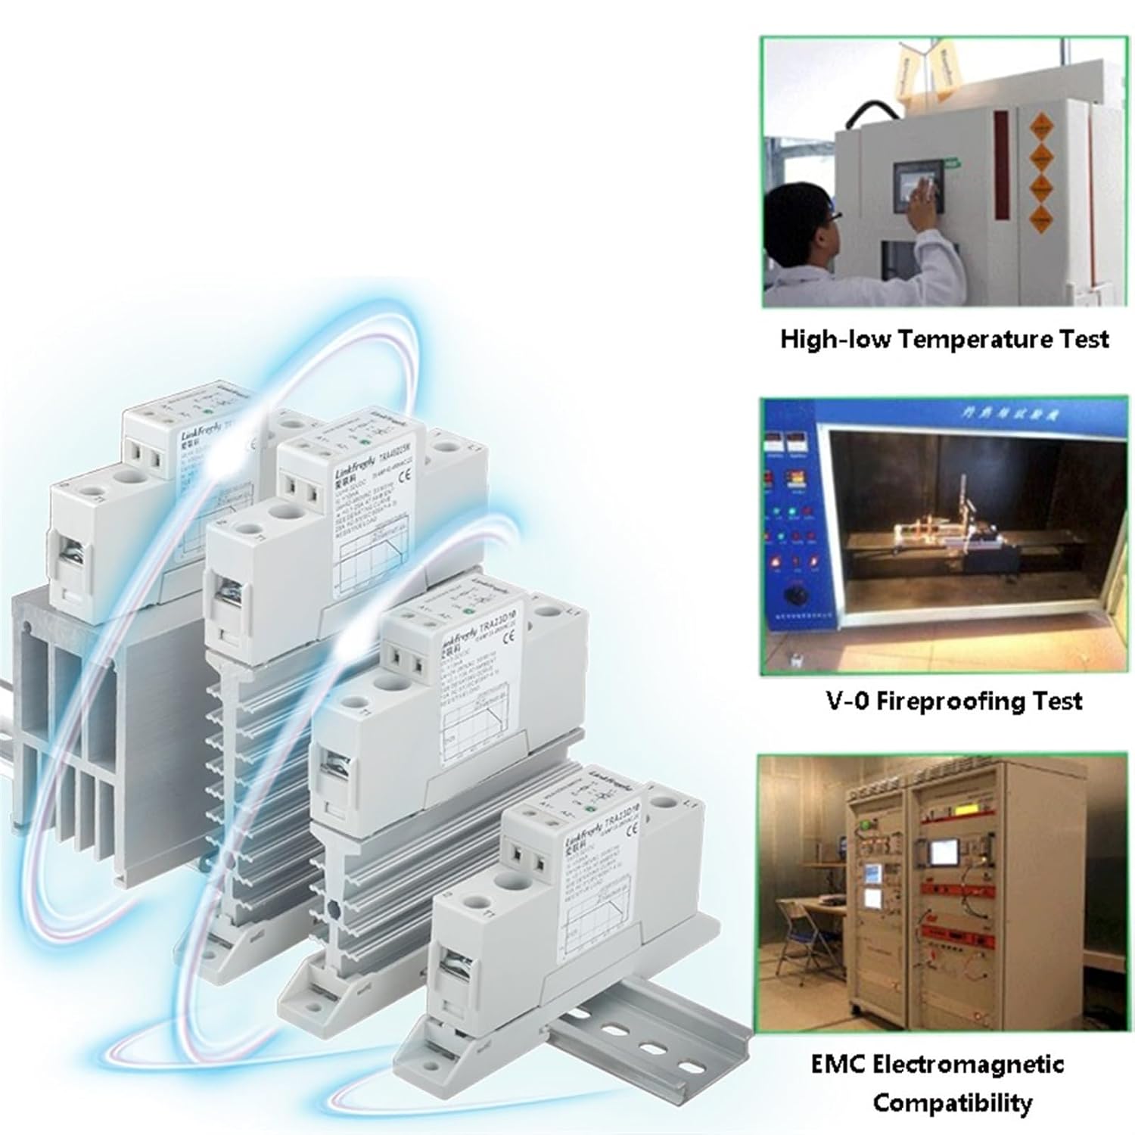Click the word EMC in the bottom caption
coord(838,1065)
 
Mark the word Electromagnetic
coord(969,1065)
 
